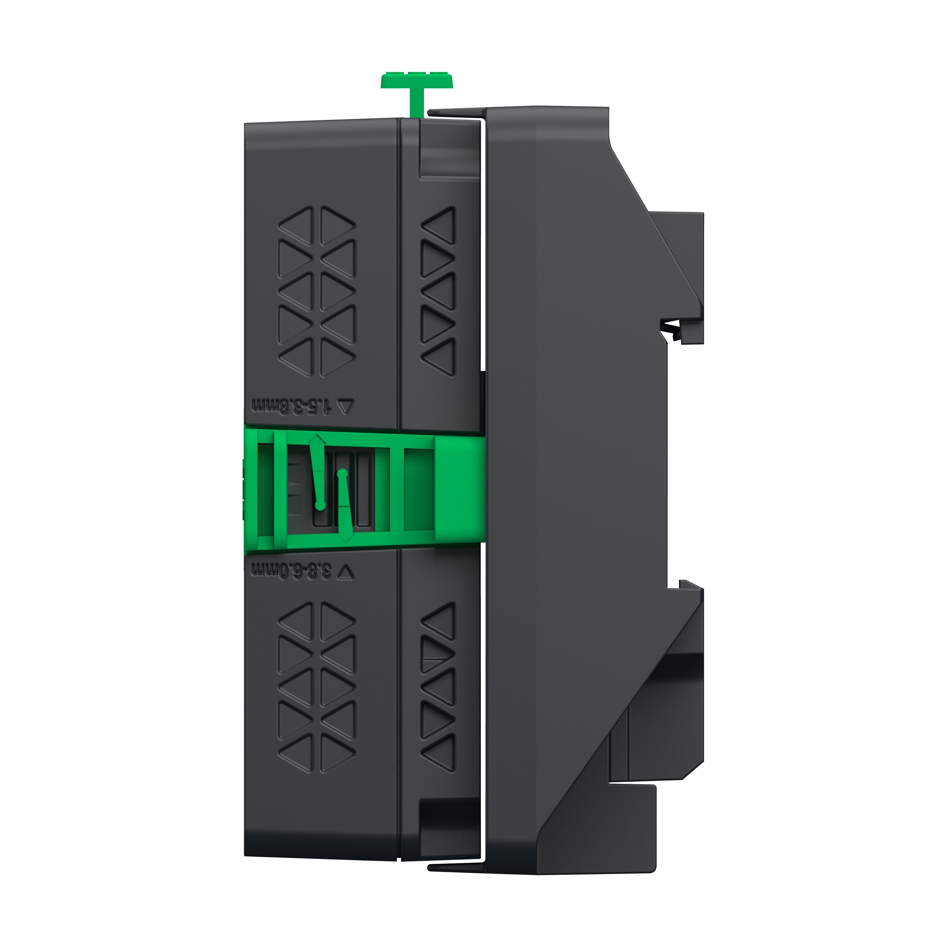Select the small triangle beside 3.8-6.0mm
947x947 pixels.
click(346, 571)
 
